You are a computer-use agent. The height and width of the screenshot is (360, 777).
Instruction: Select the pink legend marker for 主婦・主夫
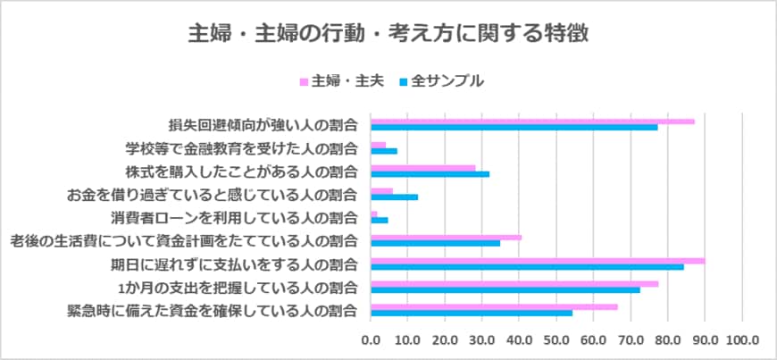304,81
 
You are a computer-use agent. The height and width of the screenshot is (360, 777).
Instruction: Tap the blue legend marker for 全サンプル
403,81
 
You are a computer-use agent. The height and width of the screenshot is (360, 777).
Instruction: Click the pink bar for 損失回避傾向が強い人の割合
532,121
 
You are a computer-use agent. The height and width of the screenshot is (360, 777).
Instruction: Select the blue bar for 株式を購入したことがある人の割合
430,173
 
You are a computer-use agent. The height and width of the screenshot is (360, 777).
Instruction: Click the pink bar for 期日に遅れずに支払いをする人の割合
538,260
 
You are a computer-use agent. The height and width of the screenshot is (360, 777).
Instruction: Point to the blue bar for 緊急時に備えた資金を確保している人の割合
472,313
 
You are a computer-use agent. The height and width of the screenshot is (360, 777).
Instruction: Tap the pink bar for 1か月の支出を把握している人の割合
514,283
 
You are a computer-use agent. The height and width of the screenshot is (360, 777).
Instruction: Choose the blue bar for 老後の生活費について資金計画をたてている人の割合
435,243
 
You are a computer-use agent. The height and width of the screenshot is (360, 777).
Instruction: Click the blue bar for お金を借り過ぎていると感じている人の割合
394,197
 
